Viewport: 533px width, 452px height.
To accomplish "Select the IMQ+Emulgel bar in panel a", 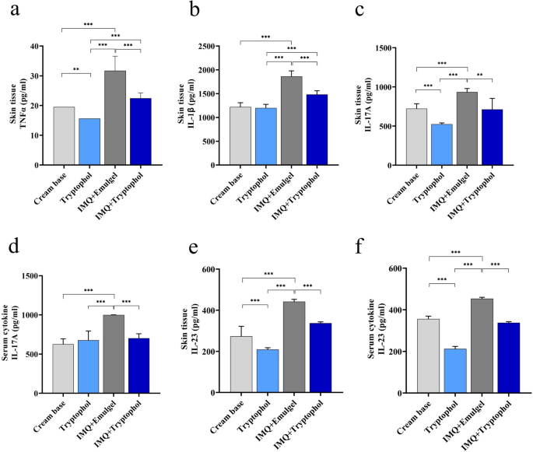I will click(115, 117).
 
